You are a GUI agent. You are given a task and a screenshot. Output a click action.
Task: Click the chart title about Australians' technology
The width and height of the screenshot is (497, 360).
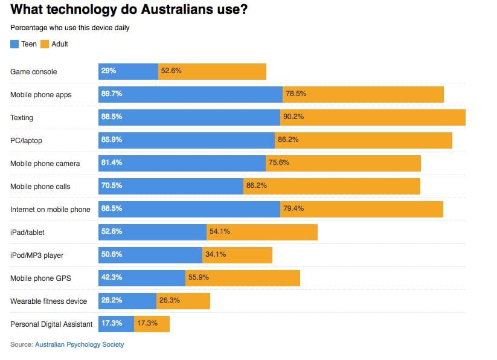coord(129,10)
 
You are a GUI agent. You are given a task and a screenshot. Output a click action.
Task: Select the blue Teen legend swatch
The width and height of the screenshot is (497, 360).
coord(14,44)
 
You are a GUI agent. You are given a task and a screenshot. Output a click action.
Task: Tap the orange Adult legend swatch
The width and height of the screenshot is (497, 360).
coord(45,44)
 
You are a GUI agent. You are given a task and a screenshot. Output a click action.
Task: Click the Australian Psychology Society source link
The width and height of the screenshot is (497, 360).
coord(79,344)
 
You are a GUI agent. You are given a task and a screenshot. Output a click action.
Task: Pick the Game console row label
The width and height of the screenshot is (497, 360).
coord(34,72)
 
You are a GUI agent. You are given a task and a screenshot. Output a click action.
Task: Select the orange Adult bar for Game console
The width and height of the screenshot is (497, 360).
coord(212,71)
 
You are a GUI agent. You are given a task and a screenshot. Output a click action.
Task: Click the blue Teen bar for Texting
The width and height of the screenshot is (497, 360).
coord(189,117)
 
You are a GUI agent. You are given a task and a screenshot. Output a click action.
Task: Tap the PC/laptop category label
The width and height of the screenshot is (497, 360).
coord(27,141)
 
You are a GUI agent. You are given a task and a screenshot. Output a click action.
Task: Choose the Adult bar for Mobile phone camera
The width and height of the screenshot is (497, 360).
coord(343,163)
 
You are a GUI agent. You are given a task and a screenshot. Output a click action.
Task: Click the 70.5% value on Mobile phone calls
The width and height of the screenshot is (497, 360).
coord(112,186)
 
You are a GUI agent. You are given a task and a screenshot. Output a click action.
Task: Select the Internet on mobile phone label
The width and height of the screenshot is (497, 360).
coord(50,210)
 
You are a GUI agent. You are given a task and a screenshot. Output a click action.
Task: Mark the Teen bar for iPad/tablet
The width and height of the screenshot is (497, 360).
coord(152,232)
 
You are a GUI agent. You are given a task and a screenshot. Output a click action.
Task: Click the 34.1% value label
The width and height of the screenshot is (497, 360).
coord(216,254)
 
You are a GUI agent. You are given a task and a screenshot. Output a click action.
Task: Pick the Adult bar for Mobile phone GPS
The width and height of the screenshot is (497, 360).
coord(242,278)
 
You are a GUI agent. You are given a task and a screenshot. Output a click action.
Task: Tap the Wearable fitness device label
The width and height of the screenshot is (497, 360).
coord(48,301)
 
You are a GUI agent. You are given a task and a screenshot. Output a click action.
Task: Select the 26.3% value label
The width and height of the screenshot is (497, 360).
coord(170,300)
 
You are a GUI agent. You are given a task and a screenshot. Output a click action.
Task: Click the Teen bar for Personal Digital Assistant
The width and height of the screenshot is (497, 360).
coord(116,324)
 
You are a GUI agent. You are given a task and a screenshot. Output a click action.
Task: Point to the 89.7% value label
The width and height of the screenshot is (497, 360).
coord(112,94)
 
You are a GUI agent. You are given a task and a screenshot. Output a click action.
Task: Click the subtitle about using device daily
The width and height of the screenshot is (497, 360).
coord(69,28)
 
